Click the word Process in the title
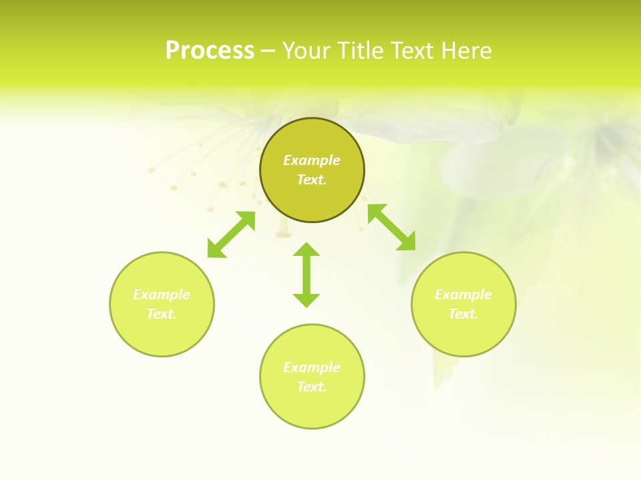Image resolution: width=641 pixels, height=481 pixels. tap(210, 51)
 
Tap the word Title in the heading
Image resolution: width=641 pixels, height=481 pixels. tap(362, 51)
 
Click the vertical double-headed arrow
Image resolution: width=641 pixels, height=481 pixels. tap(306, 275)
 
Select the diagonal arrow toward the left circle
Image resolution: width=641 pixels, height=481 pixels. tap(231, 234)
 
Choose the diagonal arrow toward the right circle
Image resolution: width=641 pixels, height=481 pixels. tap(392, 227)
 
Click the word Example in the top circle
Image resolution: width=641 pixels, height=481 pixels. tap(312, 160)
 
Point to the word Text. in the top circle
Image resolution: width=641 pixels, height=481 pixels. tap(312, 180)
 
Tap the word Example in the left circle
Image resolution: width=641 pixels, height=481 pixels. tap(162, 295)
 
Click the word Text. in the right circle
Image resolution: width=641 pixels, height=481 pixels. tap(463, 314)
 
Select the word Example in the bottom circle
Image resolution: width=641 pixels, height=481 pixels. tap(312, 367)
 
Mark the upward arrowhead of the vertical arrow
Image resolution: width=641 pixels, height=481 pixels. tap(306, 250)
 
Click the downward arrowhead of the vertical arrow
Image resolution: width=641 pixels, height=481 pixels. tap(306, 300)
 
